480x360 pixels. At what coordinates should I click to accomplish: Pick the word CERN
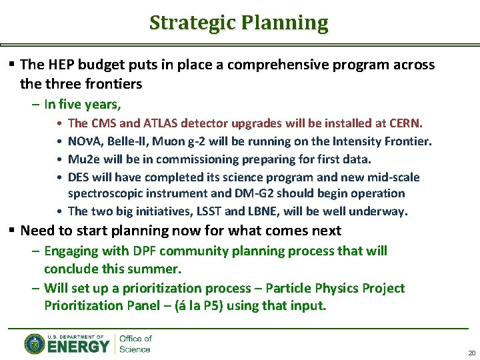(x=405, y=123)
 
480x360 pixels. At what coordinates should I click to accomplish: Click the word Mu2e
(x=83, y=159)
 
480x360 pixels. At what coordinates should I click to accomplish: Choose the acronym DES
(x=79, y=177)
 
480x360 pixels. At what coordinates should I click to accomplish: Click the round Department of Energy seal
(x=35, y=344)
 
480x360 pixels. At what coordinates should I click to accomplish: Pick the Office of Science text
(x=135, y=344)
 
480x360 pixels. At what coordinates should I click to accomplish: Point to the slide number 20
(x=471, y=353)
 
